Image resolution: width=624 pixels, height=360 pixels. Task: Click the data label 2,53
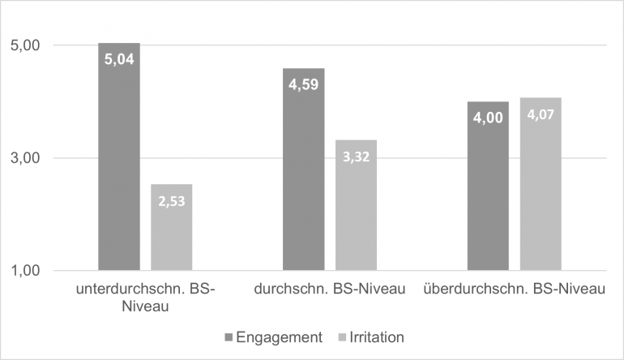point(171,200)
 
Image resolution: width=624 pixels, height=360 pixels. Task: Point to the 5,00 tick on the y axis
point(26,46)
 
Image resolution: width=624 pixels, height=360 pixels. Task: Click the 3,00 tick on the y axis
point(26,158)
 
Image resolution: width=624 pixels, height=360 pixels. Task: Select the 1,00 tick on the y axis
point(26,271)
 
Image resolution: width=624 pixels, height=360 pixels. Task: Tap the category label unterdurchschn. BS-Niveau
point(145,298)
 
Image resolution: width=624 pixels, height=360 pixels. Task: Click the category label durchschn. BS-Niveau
point(329,290)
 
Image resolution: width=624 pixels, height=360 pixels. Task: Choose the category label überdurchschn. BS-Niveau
point(514,290)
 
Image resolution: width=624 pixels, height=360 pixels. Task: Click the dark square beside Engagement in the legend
point(229,336)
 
